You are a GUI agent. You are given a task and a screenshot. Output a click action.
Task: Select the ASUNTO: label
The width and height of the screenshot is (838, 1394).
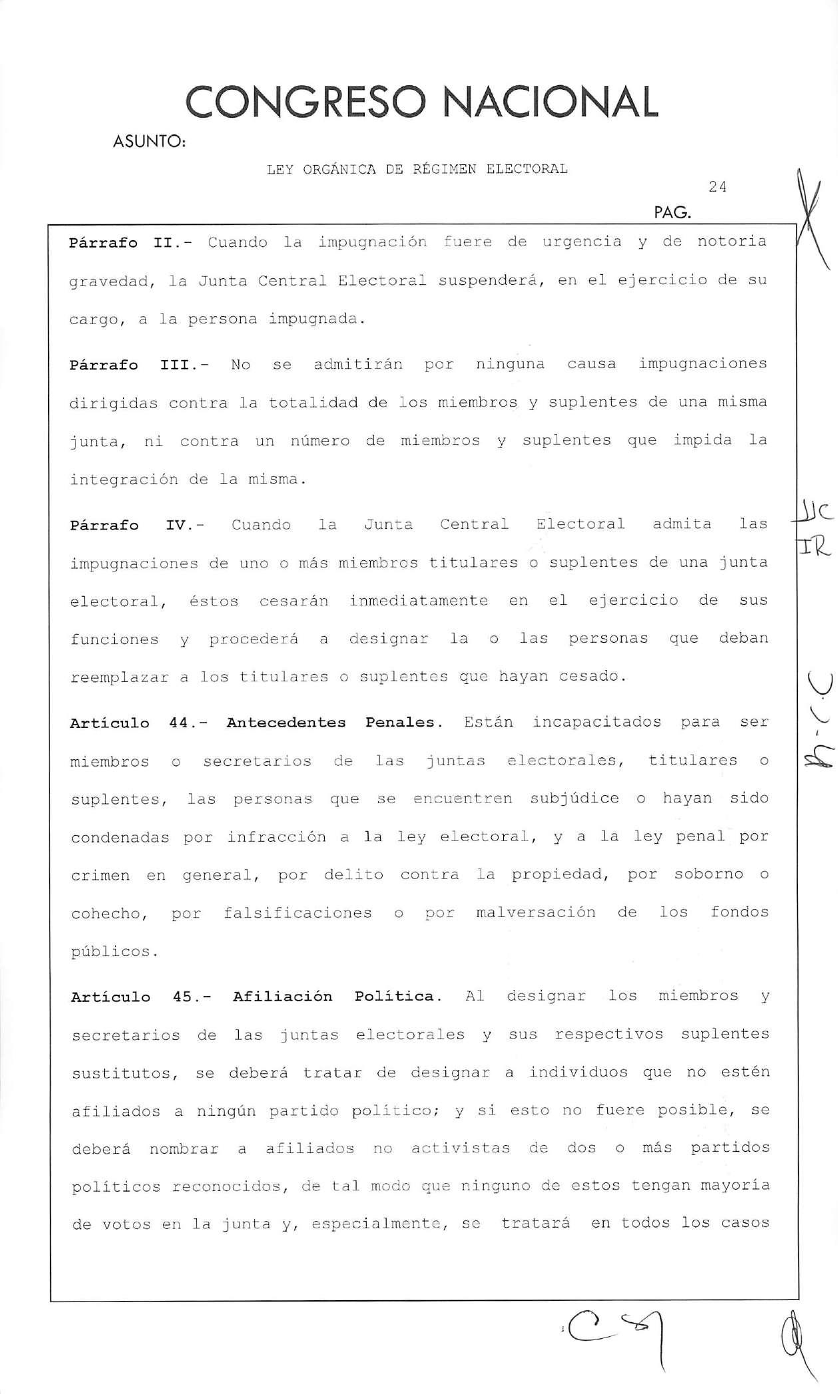(149, 142)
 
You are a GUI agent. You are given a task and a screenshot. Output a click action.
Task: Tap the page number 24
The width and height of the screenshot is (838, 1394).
(717, 187)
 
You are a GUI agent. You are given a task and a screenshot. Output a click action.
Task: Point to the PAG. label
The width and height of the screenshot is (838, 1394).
(672, 214)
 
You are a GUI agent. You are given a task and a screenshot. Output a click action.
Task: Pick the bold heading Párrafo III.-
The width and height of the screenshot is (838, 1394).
(139, 365)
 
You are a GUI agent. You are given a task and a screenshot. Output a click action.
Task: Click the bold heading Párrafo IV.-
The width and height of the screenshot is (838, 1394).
(137, 525)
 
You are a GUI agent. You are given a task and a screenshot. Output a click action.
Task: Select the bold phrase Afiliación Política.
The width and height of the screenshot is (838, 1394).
(337, 997)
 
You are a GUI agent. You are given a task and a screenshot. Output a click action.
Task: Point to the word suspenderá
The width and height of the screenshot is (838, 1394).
(489, 281)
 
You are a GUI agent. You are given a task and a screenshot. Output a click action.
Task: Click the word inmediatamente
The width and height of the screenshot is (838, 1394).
(419, 601)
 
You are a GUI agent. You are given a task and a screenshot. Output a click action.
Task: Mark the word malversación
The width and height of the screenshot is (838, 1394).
(535, 913)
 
